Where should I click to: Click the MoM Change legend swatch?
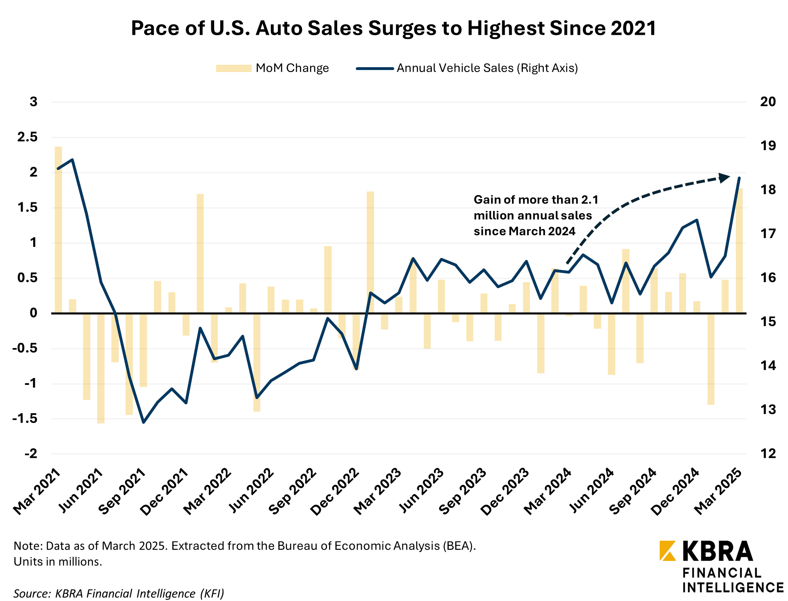coord(233,68)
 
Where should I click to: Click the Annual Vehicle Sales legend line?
coord(375,68)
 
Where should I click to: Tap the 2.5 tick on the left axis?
coord(27,137)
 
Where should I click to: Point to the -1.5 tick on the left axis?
coord(25,418)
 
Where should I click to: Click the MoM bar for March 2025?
coord(739,251)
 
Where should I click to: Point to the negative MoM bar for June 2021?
coord(101,368)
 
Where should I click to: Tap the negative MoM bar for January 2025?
coord(711,359)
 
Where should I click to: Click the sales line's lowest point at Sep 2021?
coord(143,423)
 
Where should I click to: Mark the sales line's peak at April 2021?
coord(72,159)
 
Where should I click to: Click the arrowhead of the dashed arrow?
coord(724,177)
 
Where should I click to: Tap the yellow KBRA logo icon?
coord(667,551)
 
